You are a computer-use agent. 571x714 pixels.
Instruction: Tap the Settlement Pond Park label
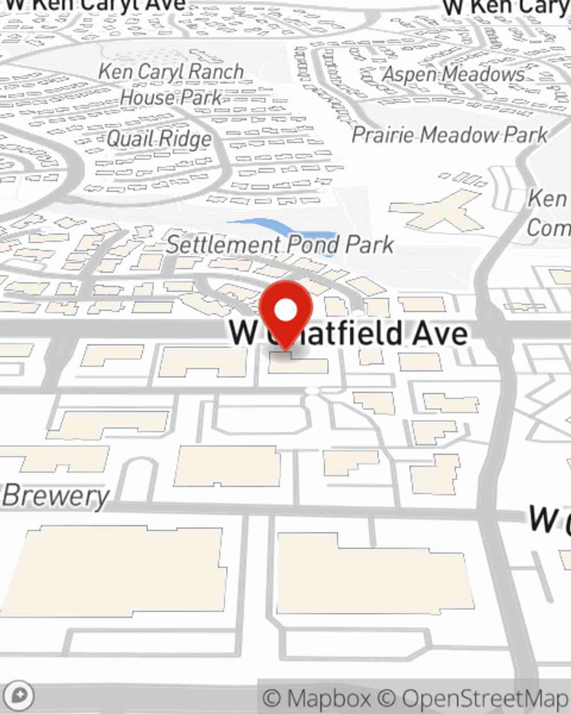(280, 245)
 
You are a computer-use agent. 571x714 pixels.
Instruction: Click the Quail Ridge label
(159, 139)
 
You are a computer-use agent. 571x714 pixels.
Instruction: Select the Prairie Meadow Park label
(449, 135)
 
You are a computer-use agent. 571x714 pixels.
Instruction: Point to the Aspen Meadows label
(453, 74)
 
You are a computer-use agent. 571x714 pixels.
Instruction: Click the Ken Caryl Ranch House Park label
(171, 85)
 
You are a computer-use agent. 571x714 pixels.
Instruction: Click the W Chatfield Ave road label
(348, 333)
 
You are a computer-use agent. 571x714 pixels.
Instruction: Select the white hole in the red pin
(286, 311)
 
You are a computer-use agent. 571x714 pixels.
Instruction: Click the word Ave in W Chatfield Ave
(443, 333)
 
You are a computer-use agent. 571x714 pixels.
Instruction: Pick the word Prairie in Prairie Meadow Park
(383, 135)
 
